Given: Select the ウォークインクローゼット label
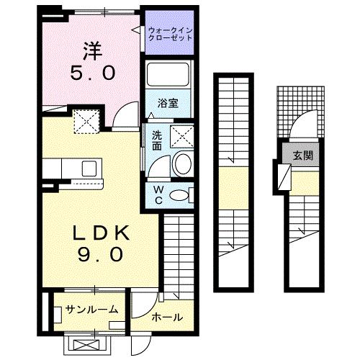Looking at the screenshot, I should point(170,33).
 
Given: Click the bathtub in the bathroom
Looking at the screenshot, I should point(167,76).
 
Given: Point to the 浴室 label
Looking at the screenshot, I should point(169,102).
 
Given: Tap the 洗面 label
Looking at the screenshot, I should point(156,138).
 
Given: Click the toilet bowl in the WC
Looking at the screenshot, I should point(183,193).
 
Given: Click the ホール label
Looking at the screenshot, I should point(166,318).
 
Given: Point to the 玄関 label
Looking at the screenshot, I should point(302,156).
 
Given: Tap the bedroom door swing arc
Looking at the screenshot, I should point(127,112).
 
